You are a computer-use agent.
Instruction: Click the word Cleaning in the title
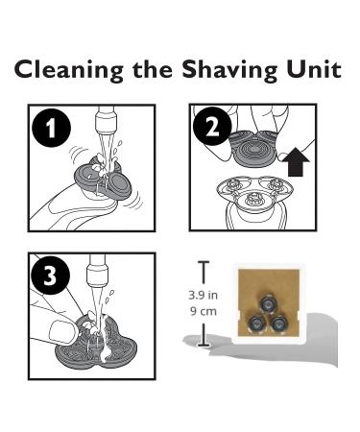[x=69, y=70]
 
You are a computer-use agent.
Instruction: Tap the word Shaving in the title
[x=229, y=70]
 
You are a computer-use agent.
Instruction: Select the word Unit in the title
[x=314, y=69]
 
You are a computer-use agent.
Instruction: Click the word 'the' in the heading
[x=153, y=69]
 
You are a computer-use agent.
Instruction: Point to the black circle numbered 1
[x=51, y=129]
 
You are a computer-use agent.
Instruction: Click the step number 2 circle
[x=213, y=127]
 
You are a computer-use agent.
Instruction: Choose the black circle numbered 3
[x=51, y=276]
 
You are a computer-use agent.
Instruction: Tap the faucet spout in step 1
[x=106, y=120]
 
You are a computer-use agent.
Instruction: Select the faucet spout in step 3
[x=98, y=269]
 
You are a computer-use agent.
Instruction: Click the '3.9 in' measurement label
[x=203, y=295]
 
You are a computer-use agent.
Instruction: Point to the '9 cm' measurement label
[x=204, y=311]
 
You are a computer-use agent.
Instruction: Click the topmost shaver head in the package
[x=267, y=303]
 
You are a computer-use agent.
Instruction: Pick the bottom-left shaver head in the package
[x=257, y=324]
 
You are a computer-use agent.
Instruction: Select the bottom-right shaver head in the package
[x=277, y=324]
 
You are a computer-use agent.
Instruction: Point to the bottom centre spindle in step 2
[x=252, y=202]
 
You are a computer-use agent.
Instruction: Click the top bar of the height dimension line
[x=204, y=262]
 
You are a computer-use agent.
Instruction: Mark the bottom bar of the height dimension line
[x=204, y=346]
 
